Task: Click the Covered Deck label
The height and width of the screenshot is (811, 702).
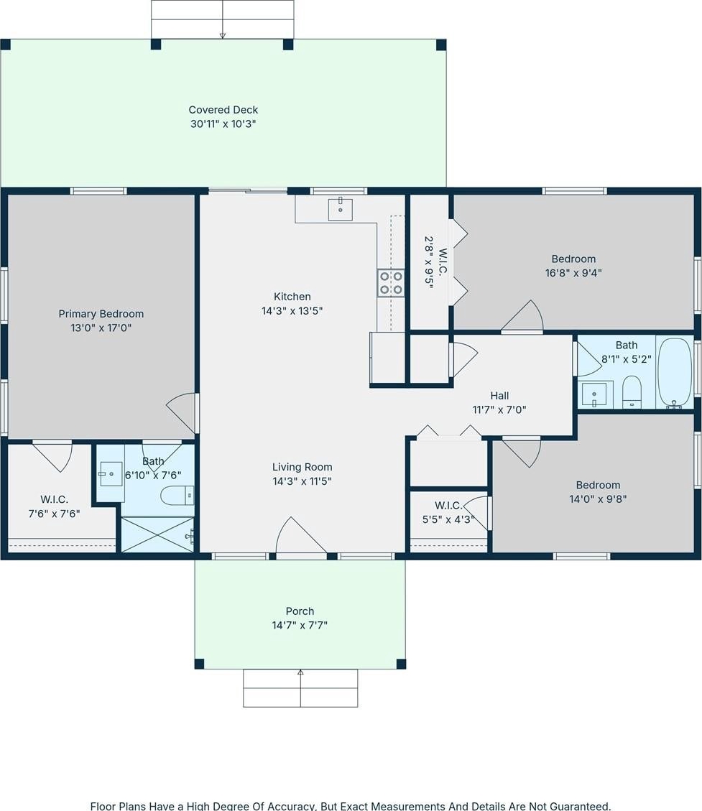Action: [x=223, y=110]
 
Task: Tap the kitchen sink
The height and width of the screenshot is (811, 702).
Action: [x=341, y=210]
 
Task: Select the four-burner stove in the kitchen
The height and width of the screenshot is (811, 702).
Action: [x=391, y=283]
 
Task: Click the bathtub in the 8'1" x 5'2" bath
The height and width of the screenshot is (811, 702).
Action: [x=675, y=373]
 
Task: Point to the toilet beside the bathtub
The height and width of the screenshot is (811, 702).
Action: [x=632, y=391]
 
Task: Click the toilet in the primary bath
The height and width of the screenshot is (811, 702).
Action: [x=177, y=496]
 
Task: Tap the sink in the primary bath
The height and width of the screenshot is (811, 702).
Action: [x=111, y=474]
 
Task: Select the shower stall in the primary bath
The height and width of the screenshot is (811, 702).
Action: [x=157, y=534]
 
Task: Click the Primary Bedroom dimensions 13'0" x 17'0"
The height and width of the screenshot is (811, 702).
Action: [x=101, y=328]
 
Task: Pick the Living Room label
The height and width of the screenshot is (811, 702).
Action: [x=302, y=467]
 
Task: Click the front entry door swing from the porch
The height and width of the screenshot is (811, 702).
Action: [x=300, y=536]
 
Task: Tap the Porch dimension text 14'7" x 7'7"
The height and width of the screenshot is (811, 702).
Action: [x=300, y=626]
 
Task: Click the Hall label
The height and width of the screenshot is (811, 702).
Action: [x=499, y=396]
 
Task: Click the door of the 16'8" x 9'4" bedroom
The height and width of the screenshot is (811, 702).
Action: [x=522, y=315]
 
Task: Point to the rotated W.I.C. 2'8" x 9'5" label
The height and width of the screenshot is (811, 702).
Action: [x=435, y=262]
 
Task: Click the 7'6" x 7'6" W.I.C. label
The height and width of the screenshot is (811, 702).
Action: [x=54, y=507]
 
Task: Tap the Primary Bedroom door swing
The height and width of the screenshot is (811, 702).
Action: [x=183, y=413]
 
